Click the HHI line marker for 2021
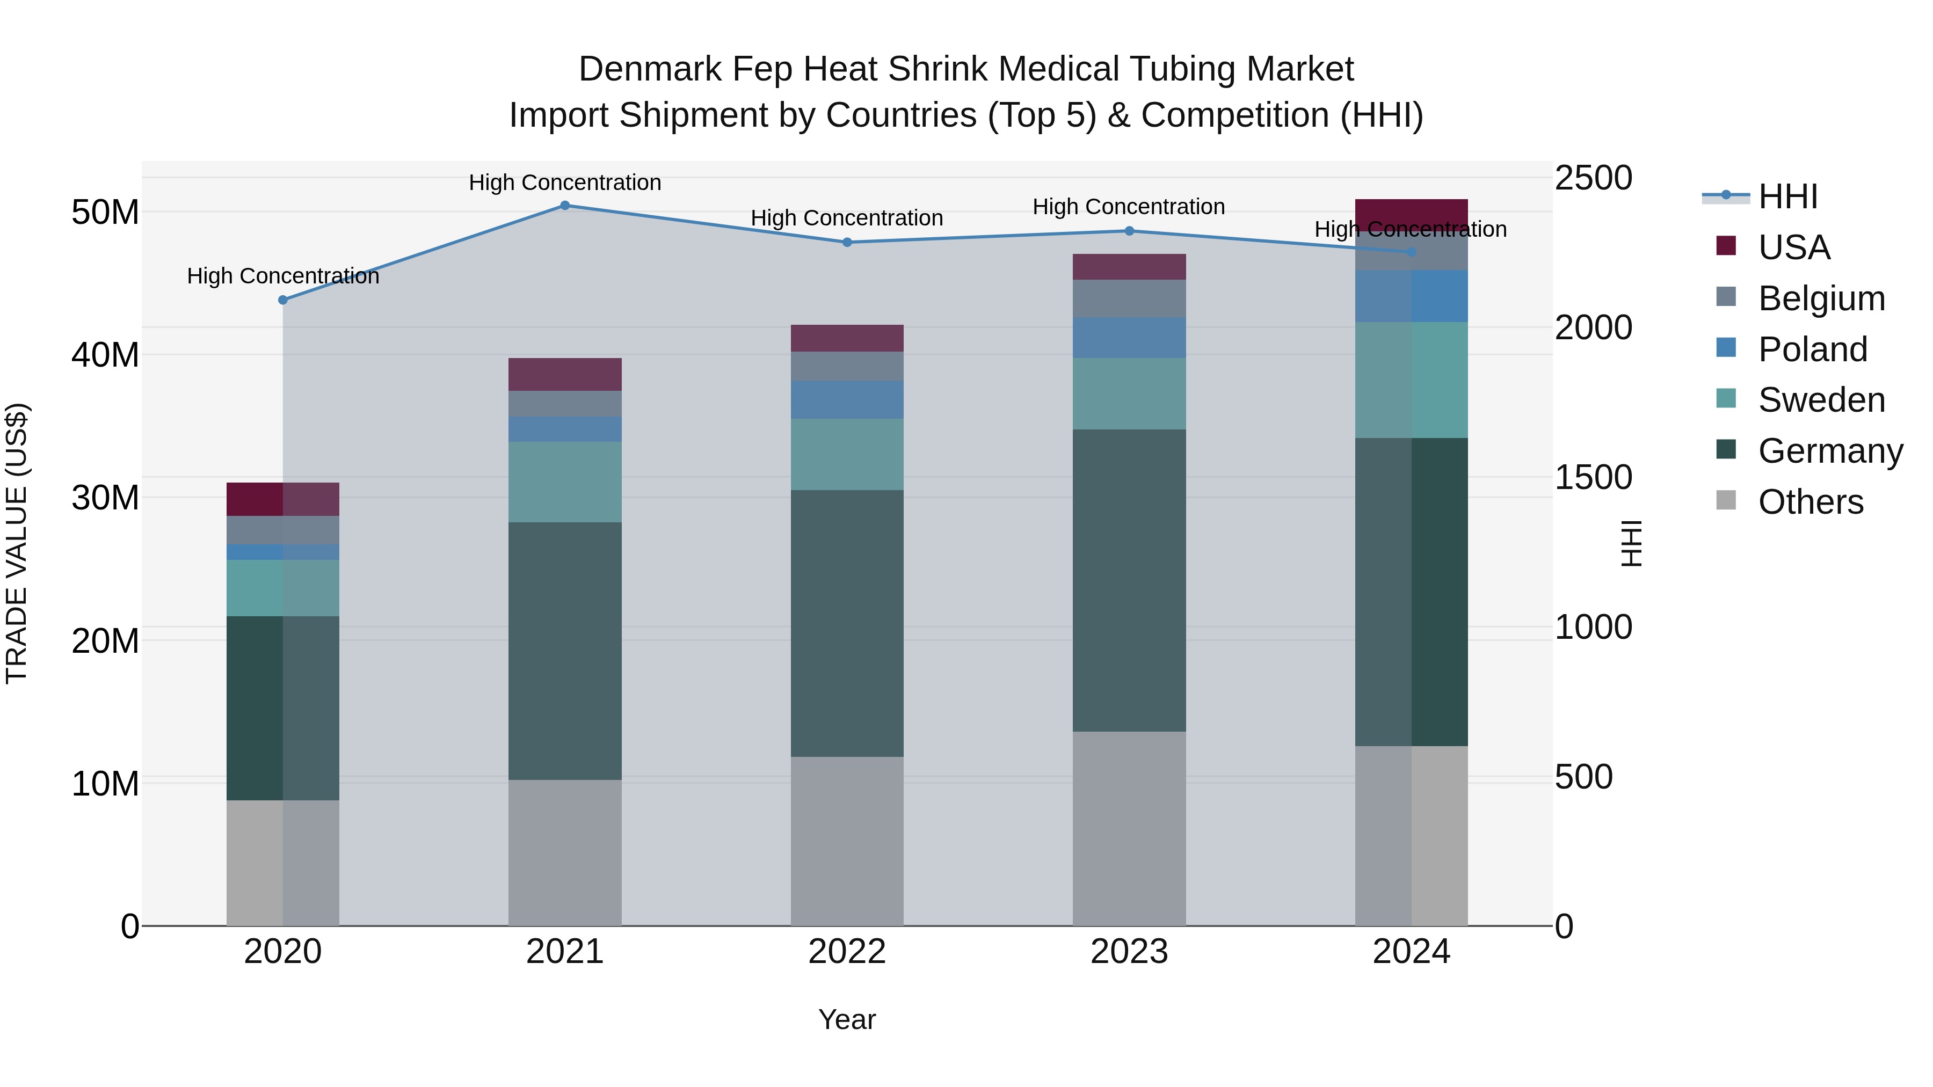pyautogui.click(x=565, y=206)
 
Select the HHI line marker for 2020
pyautogui.click(x=283, y=300)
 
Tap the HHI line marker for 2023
pyautogui.click(x=1129, y=231)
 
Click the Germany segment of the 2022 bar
pyautogui.click(x=847, y=623)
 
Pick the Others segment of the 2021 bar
pyautogui.click(x=565, y=852)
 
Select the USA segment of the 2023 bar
pyautogui.click(x=1129, y=267)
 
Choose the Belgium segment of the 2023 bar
pyautogui.click(x=1129, y=298)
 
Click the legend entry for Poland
pyautogui.click(x=1812, y=349)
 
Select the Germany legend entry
pyautogui.click(x=1829, y=451)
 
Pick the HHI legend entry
pyautogui.click(x=1787, y=196)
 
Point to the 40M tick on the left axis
pyautogui.click(x=105, y=355)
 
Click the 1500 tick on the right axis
pyautogui.click(x=1593, y=478)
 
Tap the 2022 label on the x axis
pyautogui.click(x=847, y=952)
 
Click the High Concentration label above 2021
pyautogui.click(x=565, y=183)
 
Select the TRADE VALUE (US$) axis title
pyautogui.click(x=17, y=543)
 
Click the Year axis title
pyautogui.click(x=847, y=1019)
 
